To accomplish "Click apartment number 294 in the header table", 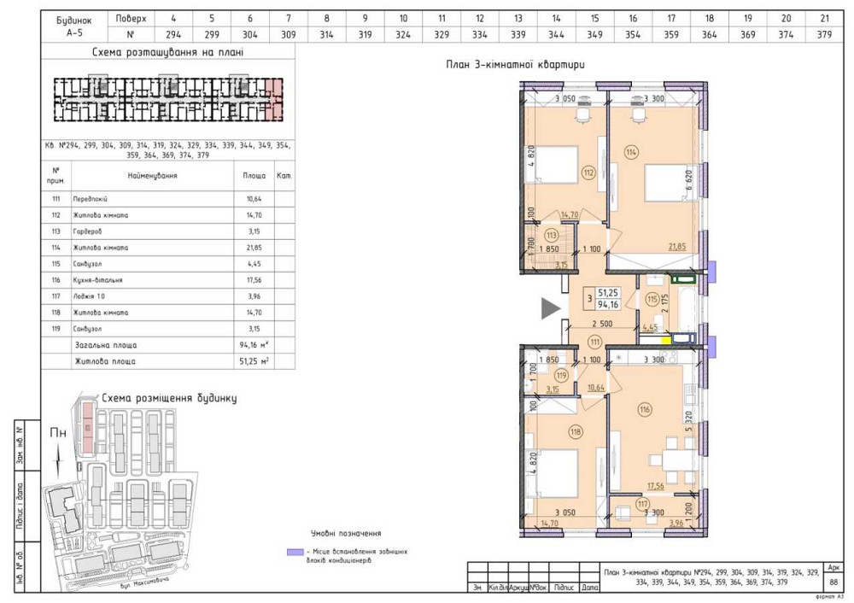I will click(x=173, y=34).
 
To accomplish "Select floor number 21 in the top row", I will click(x=823, y=17).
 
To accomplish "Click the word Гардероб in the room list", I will click(x=90, y=231).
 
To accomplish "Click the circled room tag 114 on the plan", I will click(x=631, y=153).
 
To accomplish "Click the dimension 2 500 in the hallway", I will click(x=603, y=324).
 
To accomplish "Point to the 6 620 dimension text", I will click(x=688, y=182).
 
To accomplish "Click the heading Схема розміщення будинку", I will click(x=169, y=398).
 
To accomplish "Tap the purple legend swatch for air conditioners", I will click(x=294, y=553).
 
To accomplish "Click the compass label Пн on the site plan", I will click(x=57, y=433).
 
